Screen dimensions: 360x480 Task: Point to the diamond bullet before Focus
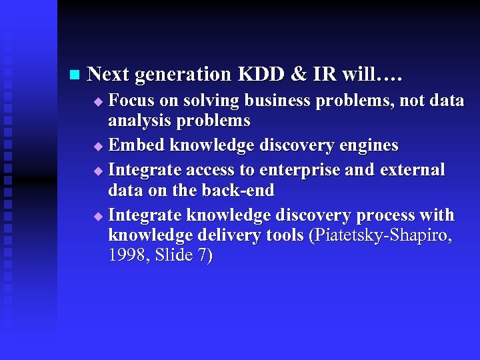pyautogui.click(x=98, y=102)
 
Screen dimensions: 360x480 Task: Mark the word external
pyautogui.click(x=412, y=170)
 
